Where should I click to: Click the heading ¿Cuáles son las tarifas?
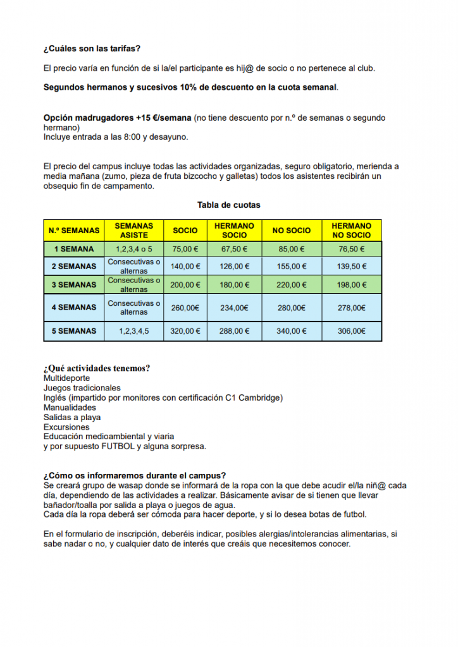[x=92, y=48]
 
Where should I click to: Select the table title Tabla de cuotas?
[x=228, y=205]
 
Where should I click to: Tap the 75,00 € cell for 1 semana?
[x=185, y=249]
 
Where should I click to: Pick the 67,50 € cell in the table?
[x=235, y=249]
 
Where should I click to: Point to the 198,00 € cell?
[x=352, y=285]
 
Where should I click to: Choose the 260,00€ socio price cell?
[x=185, y=308]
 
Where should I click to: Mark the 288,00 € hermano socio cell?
[x=235, y=330]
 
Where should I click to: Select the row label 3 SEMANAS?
[x=74, y=285]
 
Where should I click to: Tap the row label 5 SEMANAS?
[x=74, y=330]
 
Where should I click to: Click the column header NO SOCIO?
[x=291, y=231]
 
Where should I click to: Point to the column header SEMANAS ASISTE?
[x=133, y=230]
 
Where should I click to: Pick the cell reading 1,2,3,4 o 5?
[x=133, y=249]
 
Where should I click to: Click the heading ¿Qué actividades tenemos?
[x=97, y=368]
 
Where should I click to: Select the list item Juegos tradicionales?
[x=82, y=388]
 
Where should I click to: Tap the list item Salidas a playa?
[x=72, y=418]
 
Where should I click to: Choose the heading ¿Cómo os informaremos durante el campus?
[x=135, y=476]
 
